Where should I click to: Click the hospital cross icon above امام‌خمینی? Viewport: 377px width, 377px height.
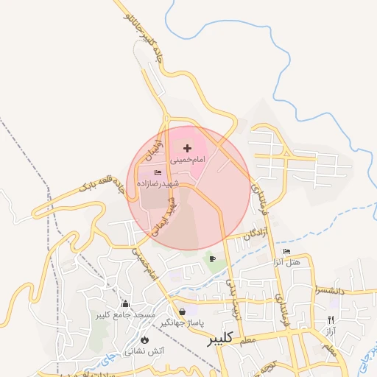(186, 148)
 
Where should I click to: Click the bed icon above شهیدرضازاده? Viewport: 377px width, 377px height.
(158, 172)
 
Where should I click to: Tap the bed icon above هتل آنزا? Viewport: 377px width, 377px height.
(286, 252)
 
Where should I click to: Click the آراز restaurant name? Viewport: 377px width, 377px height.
(329, 331)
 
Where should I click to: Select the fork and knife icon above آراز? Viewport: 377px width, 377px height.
(330, 320)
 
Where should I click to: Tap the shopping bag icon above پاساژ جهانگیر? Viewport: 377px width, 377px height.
(182, 311)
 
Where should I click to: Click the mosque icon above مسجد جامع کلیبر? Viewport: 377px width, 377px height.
(125, 304)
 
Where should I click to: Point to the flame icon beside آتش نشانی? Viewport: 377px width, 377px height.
(145, 340)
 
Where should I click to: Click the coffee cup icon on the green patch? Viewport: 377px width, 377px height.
(212, 258)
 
